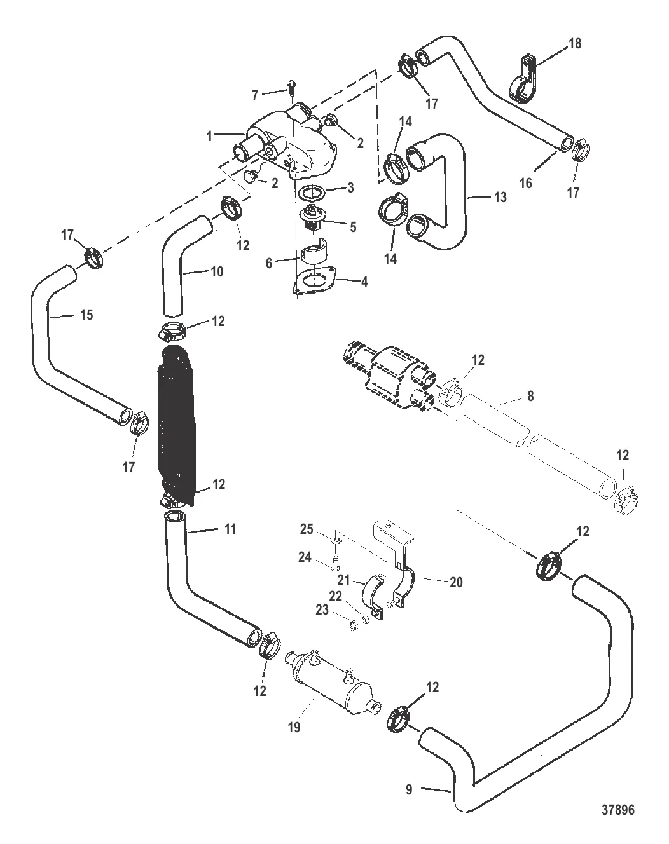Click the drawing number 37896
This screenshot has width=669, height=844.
(x=618, y=811)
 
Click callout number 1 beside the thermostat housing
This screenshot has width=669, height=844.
(x=209, y=136)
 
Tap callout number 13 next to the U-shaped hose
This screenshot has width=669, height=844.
(x=500, y=197)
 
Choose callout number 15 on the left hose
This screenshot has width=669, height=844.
(x=86, y=315)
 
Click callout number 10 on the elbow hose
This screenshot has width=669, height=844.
(x=217, y=271)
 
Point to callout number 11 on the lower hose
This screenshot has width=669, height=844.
(x=230, y=529)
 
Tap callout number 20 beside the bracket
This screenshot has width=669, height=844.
(x=456, y=582)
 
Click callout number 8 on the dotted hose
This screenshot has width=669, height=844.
(x=530, y=396)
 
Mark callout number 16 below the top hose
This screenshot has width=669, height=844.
(x=526, y=183)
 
